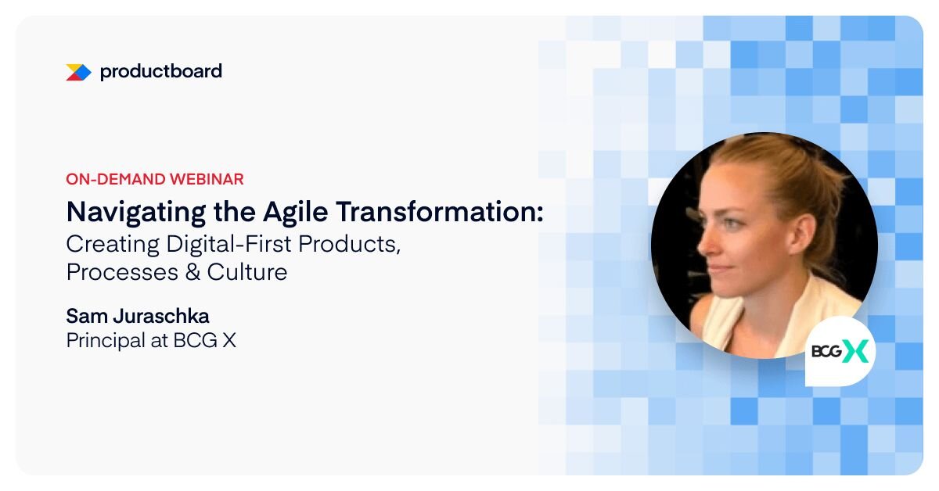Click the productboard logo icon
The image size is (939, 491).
pos(79,73)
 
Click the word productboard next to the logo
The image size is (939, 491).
pos(161,71)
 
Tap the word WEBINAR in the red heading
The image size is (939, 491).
pos(207,179)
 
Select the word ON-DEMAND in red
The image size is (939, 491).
pos(116,179)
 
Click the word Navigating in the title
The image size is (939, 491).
pos(136,213)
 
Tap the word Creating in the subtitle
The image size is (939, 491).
pos(113,244)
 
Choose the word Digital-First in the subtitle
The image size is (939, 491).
pos(228,244)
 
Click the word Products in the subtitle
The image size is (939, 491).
pos(347,244)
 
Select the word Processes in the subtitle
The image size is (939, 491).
pos(122,272)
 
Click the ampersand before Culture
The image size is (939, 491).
pos(192,272)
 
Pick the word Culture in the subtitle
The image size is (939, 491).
pos(247,272)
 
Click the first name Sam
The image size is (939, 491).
pos(86,317)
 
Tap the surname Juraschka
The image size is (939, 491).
pos(161,317)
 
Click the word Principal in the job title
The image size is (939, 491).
pos(106,341)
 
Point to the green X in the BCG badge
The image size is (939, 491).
pos(856,352)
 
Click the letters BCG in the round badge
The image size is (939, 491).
pos(826,352)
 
